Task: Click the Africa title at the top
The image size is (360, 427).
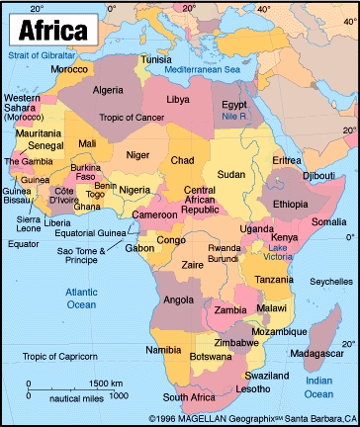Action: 50,30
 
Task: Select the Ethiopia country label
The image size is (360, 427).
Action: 291,203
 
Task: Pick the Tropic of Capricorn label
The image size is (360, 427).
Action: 62,356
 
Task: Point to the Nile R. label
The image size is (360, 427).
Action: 235,116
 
